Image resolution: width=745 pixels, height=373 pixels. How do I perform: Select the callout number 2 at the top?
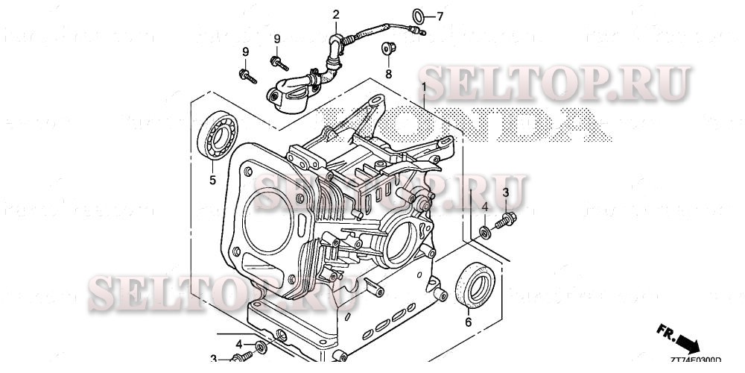pyautogui.click(x=336, y=14)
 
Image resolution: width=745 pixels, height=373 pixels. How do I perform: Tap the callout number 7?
pyautogui.click(x=439, y=16)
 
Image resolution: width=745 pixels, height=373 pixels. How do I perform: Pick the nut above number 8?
pyautogui.click(x=387, y=48)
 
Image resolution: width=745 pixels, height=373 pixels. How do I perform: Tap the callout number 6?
pyautogui.click(x=468, y=322)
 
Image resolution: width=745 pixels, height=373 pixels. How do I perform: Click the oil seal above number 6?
pyautogui.click(x=475, y=285)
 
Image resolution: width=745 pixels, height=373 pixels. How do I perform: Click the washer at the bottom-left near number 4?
pyautogui.click(x=261, y=348)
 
